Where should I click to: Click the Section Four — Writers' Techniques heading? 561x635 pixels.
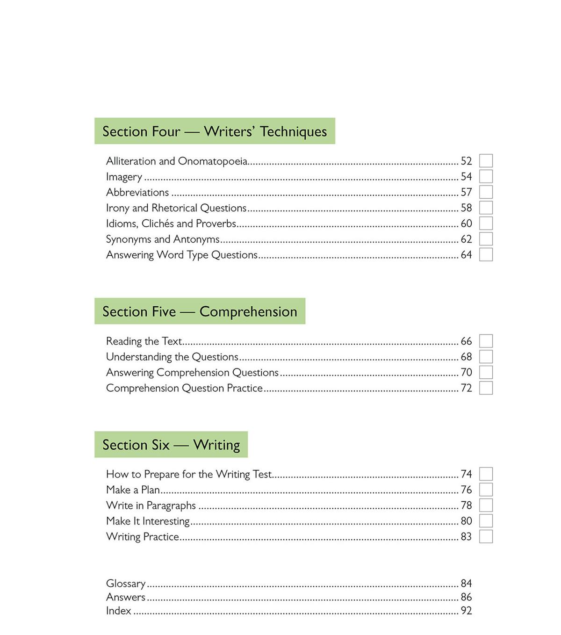tap(215, 131)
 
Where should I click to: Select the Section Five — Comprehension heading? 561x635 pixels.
tap(200, 311)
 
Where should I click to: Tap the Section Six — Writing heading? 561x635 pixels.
tap(171, 445)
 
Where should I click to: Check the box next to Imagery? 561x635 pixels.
tap(486, 177)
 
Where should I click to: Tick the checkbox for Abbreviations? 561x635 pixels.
tap(486, 192)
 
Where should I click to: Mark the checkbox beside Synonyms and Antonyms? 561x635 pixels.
tap(486, 239)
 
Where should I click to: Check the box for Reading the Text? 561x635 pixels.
tap(486, 341)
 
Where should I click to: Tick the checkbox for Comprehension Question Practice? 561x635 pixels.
tap(486, 388)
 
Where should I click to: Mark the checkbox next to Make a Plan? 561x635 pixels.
tap(486, 490)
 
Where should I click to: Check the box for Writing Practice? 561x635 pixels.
tap(486, 536)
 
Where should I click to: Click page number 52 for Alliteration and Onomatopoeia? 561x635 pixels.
tap(466, 161)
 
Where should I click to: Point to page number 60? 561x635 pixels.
tap(466, 224)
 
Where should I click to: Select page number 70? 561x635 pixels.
tap(466, 373)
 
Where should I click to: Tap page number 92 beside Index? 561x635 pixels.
tap(466, 611)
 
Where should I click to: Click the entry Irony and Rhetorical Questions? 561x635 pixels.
tap(176, 208)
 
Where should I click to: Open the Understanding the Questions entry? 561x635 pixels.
tap(172, 357)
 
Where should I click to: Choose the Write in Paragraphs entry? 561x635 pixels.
tap(151, 505)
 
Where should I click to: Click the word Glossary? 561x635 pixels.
tap(126, 584)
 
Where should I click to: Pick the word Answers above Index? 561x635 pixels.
tap(126, 597)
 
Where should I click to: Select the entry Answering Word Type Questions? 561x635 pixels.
tap(182, 255)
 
